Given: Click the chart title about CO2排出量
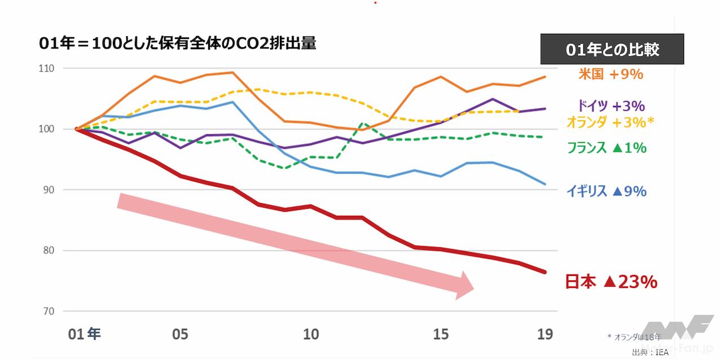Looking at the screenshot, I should click(x=178, y=43).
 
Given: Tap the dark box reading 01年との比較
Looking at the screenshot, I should click(x=612, y=50).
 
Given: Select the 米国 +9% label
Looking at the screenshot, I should click(x=611, y=74).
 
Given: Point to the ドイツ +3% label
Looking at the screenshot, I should click(x=611, y=106).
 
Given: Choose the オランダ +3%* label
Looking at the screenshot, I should click(x=610, y=122).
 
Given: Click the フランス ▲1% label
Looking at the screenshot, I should click(x=607, y=148).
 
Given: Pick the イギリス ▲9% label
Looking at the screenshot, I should click(x=607, y=191).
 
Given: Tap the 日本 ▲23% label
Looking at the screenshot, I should click(x=611, y=282).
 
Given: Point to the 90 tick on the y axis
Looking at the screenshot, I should click(x=47, y=190).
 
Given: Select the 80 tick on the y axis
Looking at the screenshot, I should click(x=47, y=251).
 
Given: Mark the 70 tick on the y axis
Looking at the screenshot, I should click(x=47, y=311).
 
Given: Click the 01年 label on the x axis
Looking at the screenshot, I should click(x=84, y=335).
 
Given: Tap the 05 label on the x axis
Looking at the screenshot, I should click(x=180, y=335).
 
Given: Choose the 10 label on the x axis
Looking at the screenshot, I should click(x=311, y=335).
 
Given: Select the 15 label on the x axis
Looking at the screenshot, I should click(x=441, y=335).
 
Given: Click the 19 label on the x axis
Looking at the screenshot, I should click(x=545, y=335).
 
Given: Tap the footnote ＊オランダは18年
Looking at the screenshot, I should click(x=633, y=337).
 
